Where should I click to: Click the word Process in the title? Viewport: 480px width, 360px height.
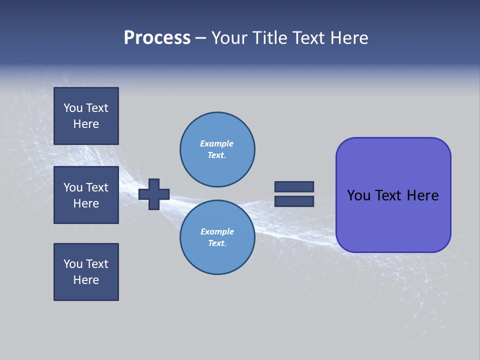pyautogui.click(x=157, y=37)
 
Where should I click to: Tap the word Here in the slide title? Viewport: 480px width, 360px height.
pyautogui.click(x=349, y=37)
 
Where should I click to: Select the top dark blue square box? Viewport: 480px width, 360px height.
pyautogui.click(x=86, y=116)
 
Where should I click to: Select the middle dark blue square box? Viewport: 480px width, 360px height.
pyautogui.click(x=86, y=195)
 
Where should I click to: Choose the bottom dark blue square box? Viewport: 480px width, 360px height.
pyautogui.click(x=86, y=272)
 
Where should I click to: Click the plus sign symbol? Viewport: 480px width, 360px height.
pyautogui.click(x=154, y=194)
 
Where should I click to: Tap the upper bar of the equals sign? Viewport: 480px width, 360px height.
pyautogui.click(x=294, y=186)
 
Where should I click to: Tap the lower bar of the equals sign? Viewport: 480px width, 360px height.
pyautogui.click(x=294, y=201)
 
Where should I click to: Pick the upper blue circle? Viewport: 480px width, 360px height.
pyautogui.click(x=217, y=149)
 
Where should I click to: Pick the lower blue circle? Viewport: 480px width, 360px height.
pyautogui.click(x=217, y=237)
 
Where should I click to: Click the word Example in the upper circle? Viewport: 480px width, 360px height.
pyautogui.click(x=217, y=143)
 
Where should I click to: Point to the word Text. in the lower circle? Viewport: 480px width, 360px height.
pyautogui.click(x=217, y=243)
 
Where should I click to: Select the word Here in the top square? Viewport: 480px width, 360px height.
pyautogui.click(x=86, y=124)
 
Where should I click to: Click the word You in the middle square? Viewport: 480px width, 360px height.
pyautogui.click(x=73, y=187)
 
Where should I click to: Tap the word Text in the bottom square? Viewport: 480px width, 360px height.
pyautogui.click(x=96, y=264)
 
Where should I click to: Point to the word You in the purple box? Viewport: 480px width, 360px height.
pyautogui.click(x=358, y=195)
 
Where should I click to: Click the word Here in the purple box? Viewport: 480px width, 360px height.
pyautogui.click(x=422, y=195)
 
